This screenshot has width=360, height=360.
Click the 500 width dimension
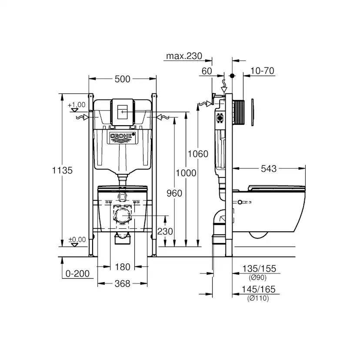(122, 79)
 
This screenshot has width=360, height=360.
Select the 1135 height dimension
(62, 170)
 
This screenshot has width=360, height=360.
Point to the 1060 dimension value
(198, 154)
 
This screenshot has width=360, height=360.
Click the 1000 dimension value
(186, 173)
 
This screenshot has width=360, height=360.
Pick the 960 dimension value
(174, 193)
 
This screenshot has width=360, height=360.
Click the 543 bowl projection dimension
(269, 169)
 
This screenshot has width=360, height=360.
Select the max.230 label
(184, 56)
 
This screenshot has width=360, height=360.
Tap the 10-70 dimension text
(263, 71)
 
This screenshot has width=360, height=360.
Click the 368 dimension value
(122, 284)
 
